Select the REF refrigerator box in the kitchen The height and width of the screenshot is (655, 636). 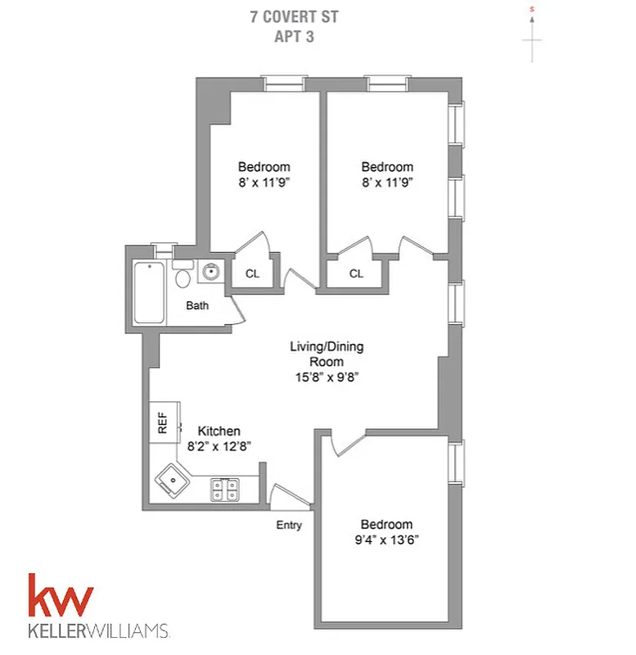(x=161, y=422)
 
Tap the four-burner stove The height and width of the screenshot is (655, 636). (x=227, y=490)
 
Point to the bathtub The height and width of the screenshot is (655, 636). (x=149, y=292)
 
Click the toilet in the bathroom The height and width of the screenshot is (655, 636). (x=183, y=276)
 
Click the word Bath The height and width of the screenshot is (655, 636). (x=197, y=306)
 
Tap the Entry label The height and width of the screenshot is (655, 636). (x=289, y=525)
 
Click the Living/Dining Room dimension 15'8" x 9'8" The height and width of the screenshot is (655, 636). (x=326, y=377)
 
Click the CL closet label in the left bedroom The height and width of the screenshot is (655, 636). (x=252, y=273)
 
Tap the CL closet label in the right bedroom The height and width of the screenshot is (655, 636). (x=356, y=273)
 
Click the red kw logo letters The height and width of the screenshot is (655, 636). (x=61, y=598)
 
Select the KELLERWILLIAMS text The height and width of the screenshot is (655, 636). (x=99, y=631)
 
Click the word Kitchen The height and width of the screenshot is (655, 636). (x=219, y=431)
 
